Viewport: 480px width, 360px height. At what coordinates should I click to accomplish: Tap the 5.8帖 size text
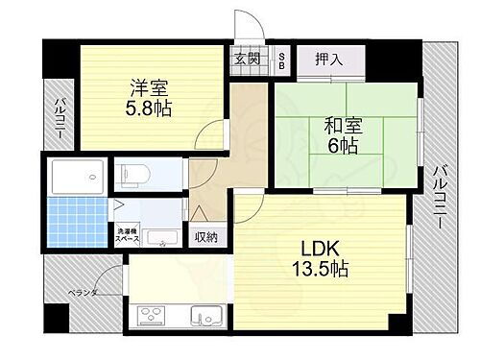[x=151, y=108]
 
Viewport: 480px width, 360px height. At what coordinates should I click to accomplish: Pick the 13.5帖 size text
[x=314, y=270]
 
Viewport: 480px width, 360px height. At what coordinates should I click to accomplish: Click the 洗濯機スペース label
[x=127, y=235]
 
